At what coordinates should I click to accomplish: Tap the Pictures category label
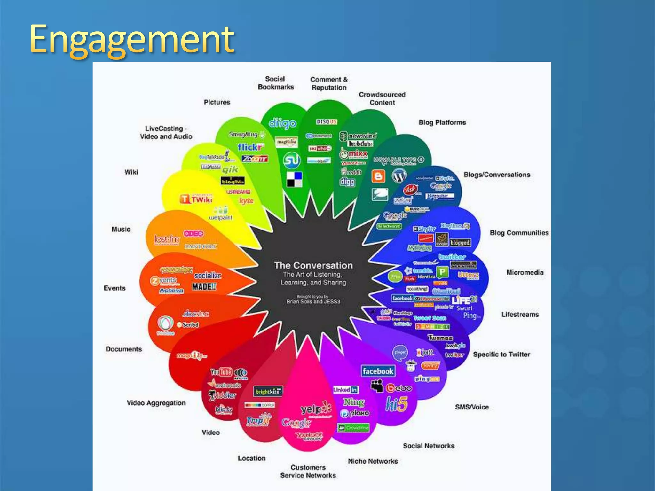217,102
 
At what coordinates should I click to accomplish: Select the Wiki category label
131,172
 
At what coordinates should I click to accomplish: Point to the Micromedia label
525,272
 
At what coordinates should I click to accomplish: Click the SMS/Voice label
472,407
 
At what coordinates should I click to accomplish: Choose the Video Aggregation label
156,403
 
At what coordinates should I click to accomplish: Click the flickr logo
250,147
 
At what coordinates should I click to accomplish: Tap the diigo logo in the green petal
282,123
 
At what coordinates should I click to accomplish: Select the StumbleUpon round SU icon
292,160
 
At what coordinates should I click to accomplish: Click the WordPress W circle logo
399,175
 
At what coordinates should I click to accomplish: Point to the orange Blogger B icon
378,176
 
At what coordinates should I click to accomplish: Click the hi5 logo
397,404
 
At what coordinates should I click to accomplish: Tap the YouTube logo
221,372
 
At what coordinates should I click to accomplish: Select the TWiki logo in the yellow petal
197,199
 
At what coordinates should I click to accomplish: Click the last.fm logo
167,239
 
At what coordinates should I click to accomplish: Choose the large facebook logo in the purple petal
378,371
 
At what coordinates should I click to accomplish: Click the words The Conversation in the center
313,265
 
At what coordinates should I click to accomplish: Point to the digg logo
347,182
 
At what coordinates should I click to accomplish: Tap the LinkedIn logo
345,390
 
